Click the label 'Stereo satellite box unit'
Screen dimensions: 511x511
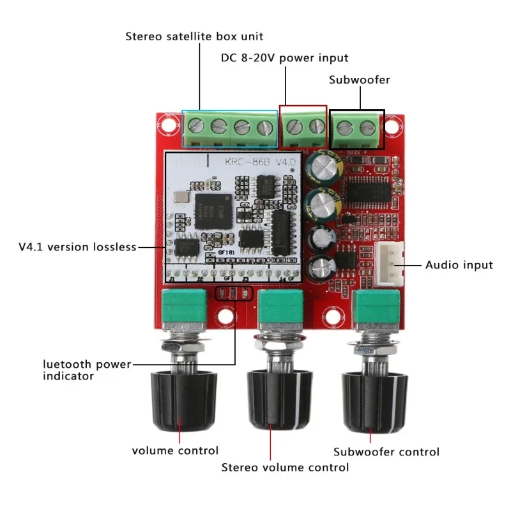[194, 36]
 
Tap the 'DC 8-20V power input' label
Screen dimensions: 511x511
[284, 57]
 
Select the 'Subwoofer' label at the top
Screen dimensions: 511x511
[359, 80]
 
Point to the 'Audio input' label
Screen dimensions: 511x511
[459, 264]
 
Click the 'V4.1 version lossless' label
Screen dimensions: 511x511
[77, 247]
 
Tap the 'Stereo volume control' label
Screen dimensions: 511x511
[285, 467]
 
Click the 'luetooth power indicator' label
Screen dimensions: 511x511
[86, 370]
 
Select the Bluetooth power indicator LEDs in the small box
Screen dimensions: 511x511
[234, 294]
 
